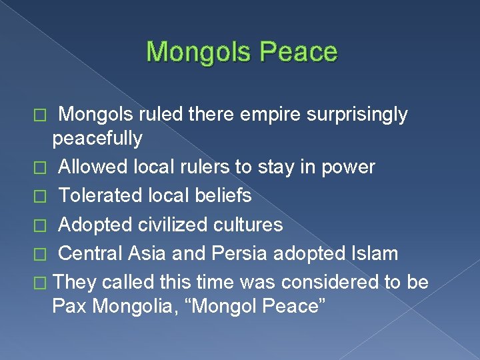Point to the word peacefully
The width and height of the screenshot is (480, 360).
point(97,139)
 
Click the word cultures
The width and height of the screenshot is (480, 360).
point(250,225)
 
